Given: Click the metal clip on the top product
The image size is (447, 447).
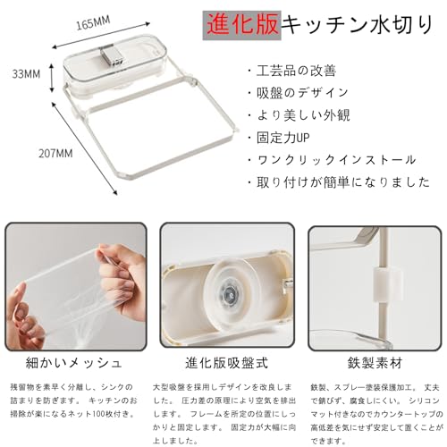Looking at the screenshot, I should coord(112,59).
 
